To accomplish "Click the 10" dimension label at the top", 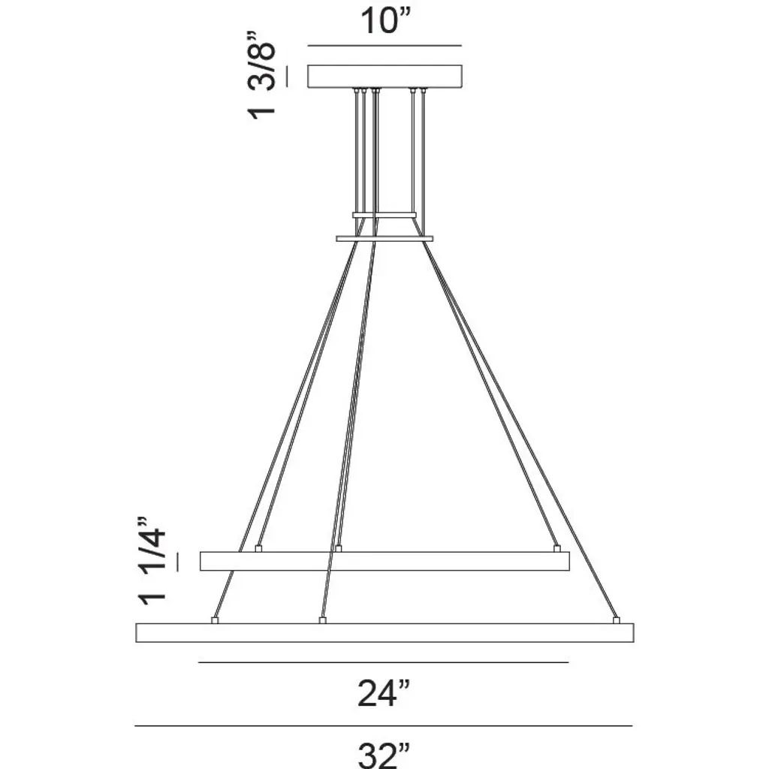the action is [x=384, y=20].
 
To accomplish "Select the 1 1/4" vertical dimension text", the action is [x=152, y=560].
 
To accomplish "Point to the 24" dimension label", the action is [x=383, y=693].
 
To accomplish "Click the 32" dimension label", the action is [x=384, y=755].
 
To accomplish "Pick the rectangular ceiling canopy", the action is [x=384, y=77].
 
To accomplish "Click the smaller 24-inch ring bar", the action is [x=384, y=561].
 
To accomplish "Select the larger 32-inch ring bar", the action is [x=384, y=632].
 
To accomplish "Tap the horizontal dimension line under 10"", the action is [x=384, y=46].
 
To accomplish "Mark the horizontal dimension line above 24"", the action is [x=383, y=662].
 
